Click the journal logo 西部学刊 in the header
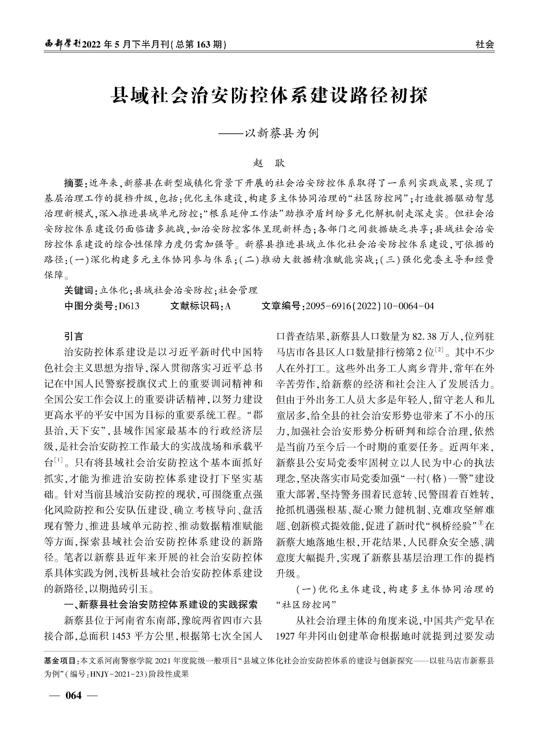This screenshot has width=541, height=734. [62, 44]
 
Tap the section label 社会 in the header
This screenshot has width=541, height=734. [485, 44]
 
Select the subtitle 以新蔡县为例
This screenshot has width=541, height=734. [282, 133]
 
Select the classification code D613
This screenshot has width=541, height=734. [129, 306]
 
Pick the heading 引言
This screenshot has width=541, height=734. [74, 337]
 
